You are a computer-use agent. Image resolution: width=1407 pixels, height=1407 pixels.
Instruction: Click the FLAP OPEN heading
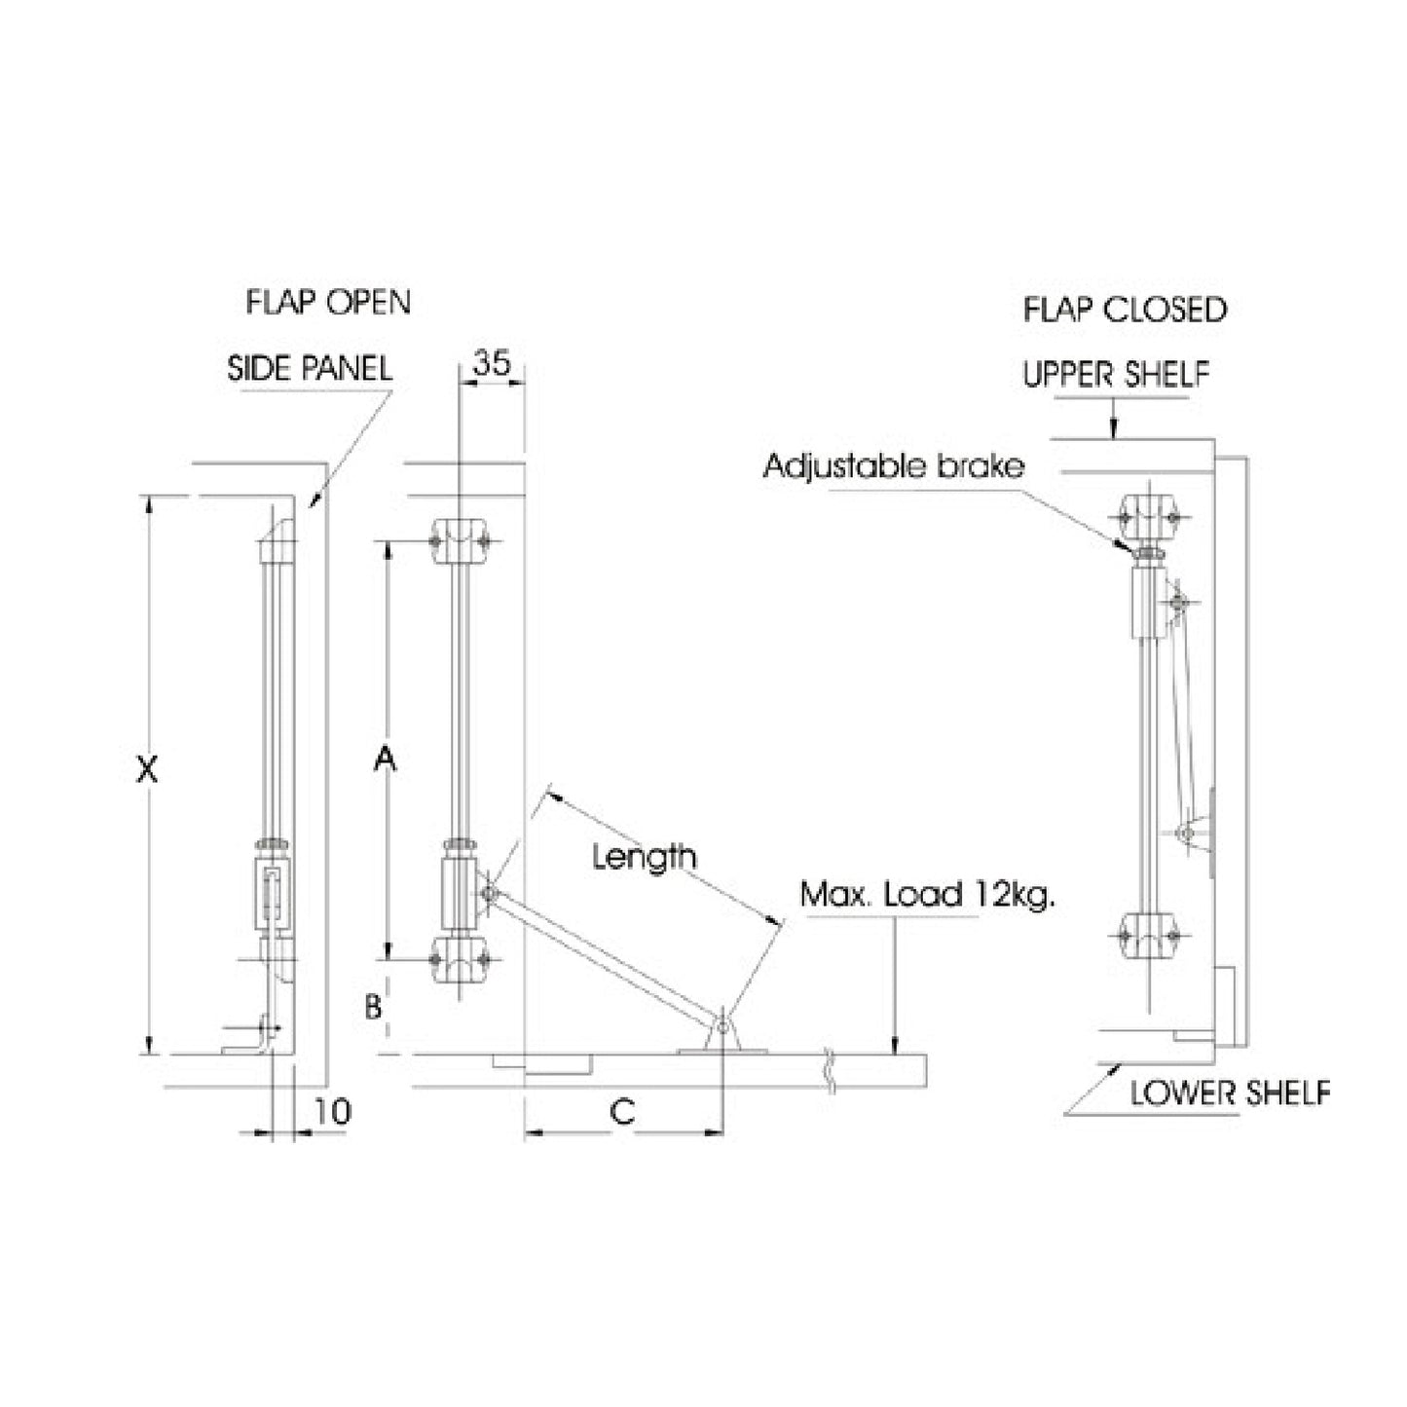[328, 302]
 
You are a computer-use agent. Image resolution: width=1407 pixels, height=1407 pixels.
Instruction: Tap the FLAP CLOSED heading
[1125, 310]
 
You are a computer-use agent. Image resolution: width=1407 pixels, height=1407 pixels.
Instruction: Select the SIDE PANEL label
[310, 368]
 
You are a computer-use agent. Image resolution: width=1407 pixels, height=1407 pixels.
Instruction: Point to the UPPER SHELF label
[1116, 374]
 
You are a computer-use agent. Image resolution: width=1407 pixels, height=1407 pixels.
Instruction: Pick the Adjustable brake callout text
[894, 466]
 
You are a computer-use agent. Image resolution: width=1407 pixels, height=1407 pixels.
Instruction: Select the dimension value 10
[333, 1111]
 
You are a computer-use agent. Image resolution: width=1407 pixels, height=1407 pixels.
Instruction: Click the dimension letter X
[146, 770]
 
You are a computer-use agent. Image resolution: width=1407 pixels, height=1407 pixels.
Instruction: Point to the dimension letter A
[387, 759]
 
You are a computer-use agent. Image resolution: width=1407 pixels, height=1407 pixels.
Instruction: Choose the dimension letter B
[373, 1006]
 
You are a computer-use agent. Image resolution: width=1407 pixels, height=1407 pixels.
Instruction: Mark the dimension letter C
[622, 1110]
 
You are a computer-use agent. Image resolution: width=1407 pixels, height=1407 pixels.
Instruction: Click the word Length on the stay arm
[645, 857]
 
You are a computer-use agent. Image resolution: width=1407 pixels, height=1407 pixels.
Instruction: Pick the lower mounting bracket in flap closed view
[1150, 935]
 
